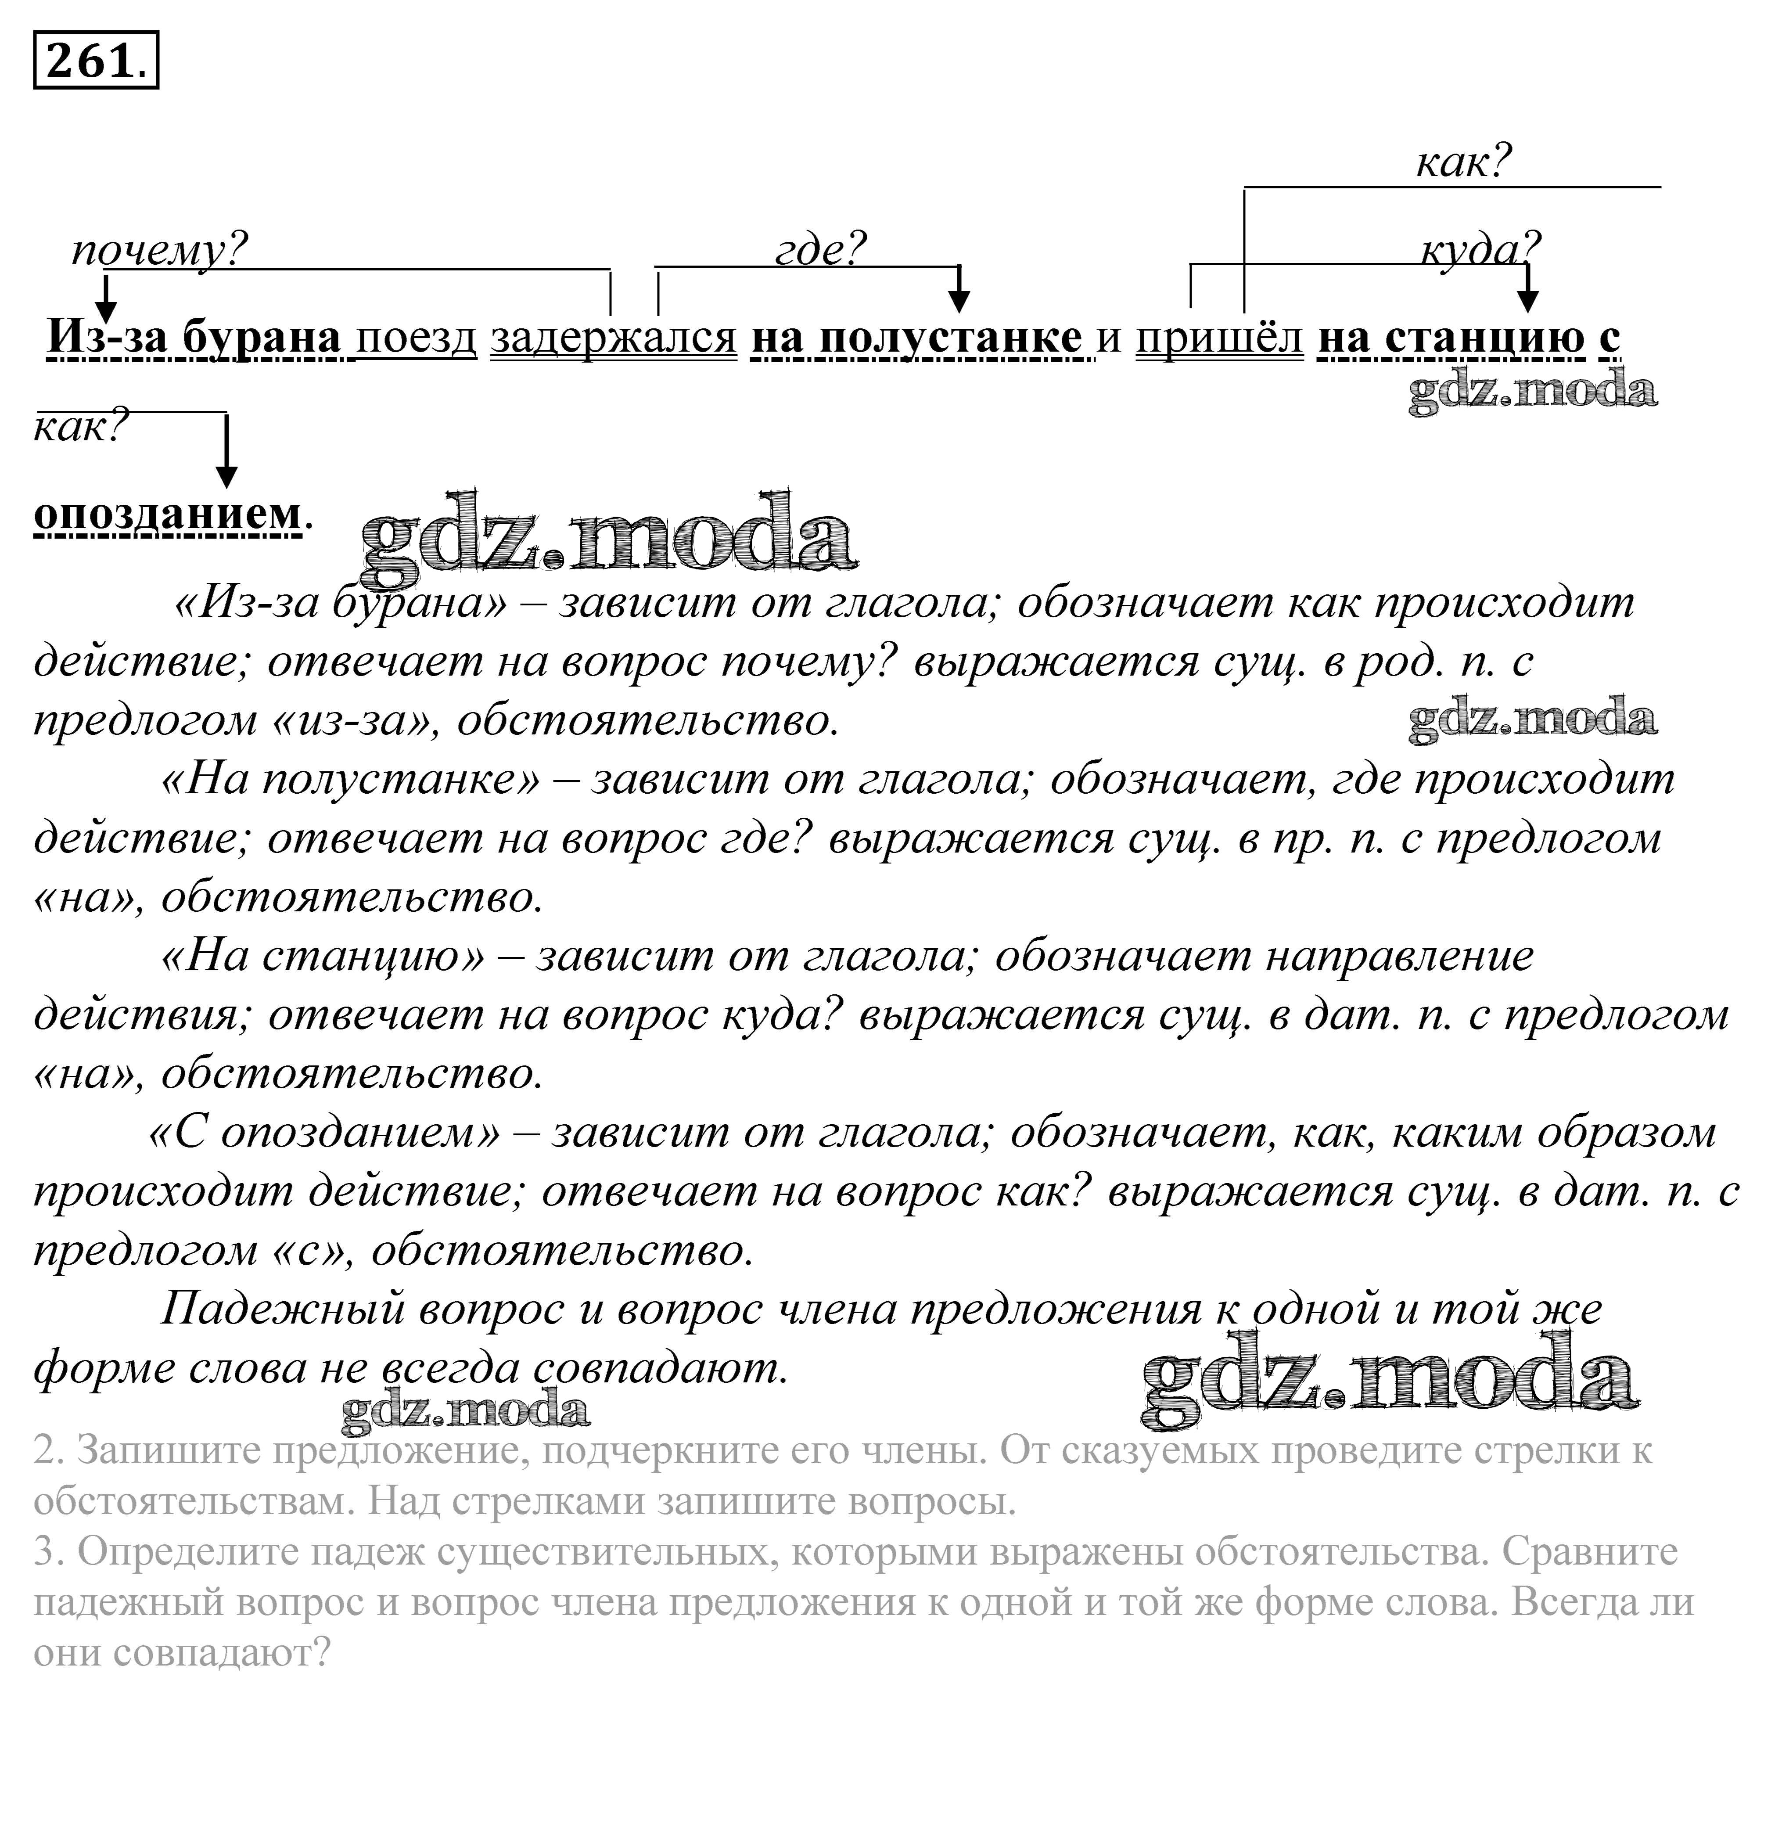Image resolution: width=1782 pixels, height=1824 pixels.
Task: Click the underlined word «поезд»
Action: pyautogui.click(x=417, y=337)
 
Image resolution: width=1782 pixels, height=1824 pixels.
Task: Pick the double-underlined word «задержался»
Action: pyautogui.click(x=613, y=337)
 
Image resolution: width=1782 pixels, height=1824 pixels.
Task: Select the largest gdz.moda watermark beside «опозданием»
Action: pyautogui.click(x=608, y=533)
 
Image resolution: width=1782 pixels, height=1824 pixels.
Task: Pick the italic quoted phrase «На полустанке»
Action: pyautogui.click(x=351, y=780)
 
